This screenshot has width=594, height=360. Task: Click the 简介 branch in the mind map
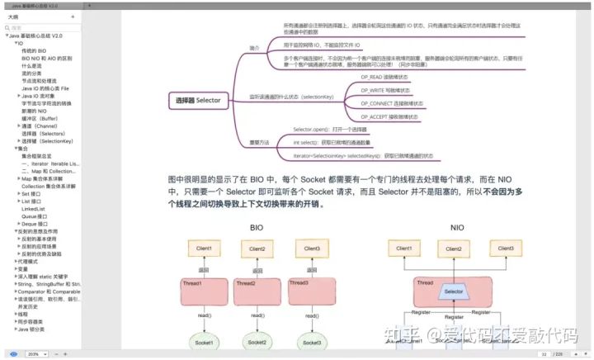click(255, 49)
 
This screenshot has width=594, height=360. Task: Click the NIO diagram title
click(457, 227)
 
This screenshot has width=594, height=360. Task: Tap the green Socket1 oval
click(203, 342)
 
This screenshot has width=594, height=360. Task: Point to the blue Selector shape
click(453, 291)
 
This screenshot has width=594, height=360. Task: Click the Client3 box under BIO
click(312, 249)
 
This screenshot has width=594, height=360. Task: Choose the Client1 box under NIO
click(403, 248)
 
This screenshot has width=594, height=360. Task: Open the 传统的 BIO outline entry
click(34, 50)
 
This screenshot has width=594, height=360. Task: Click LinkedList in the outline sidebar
click(33, 209)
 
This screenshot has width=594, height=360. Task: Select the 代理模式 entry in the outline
click(28, 262)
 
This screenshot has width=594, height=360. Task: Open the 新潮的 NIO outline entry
click(35, 111)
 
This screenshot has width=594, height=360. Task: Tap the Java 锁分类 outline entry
click(33, 329)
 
